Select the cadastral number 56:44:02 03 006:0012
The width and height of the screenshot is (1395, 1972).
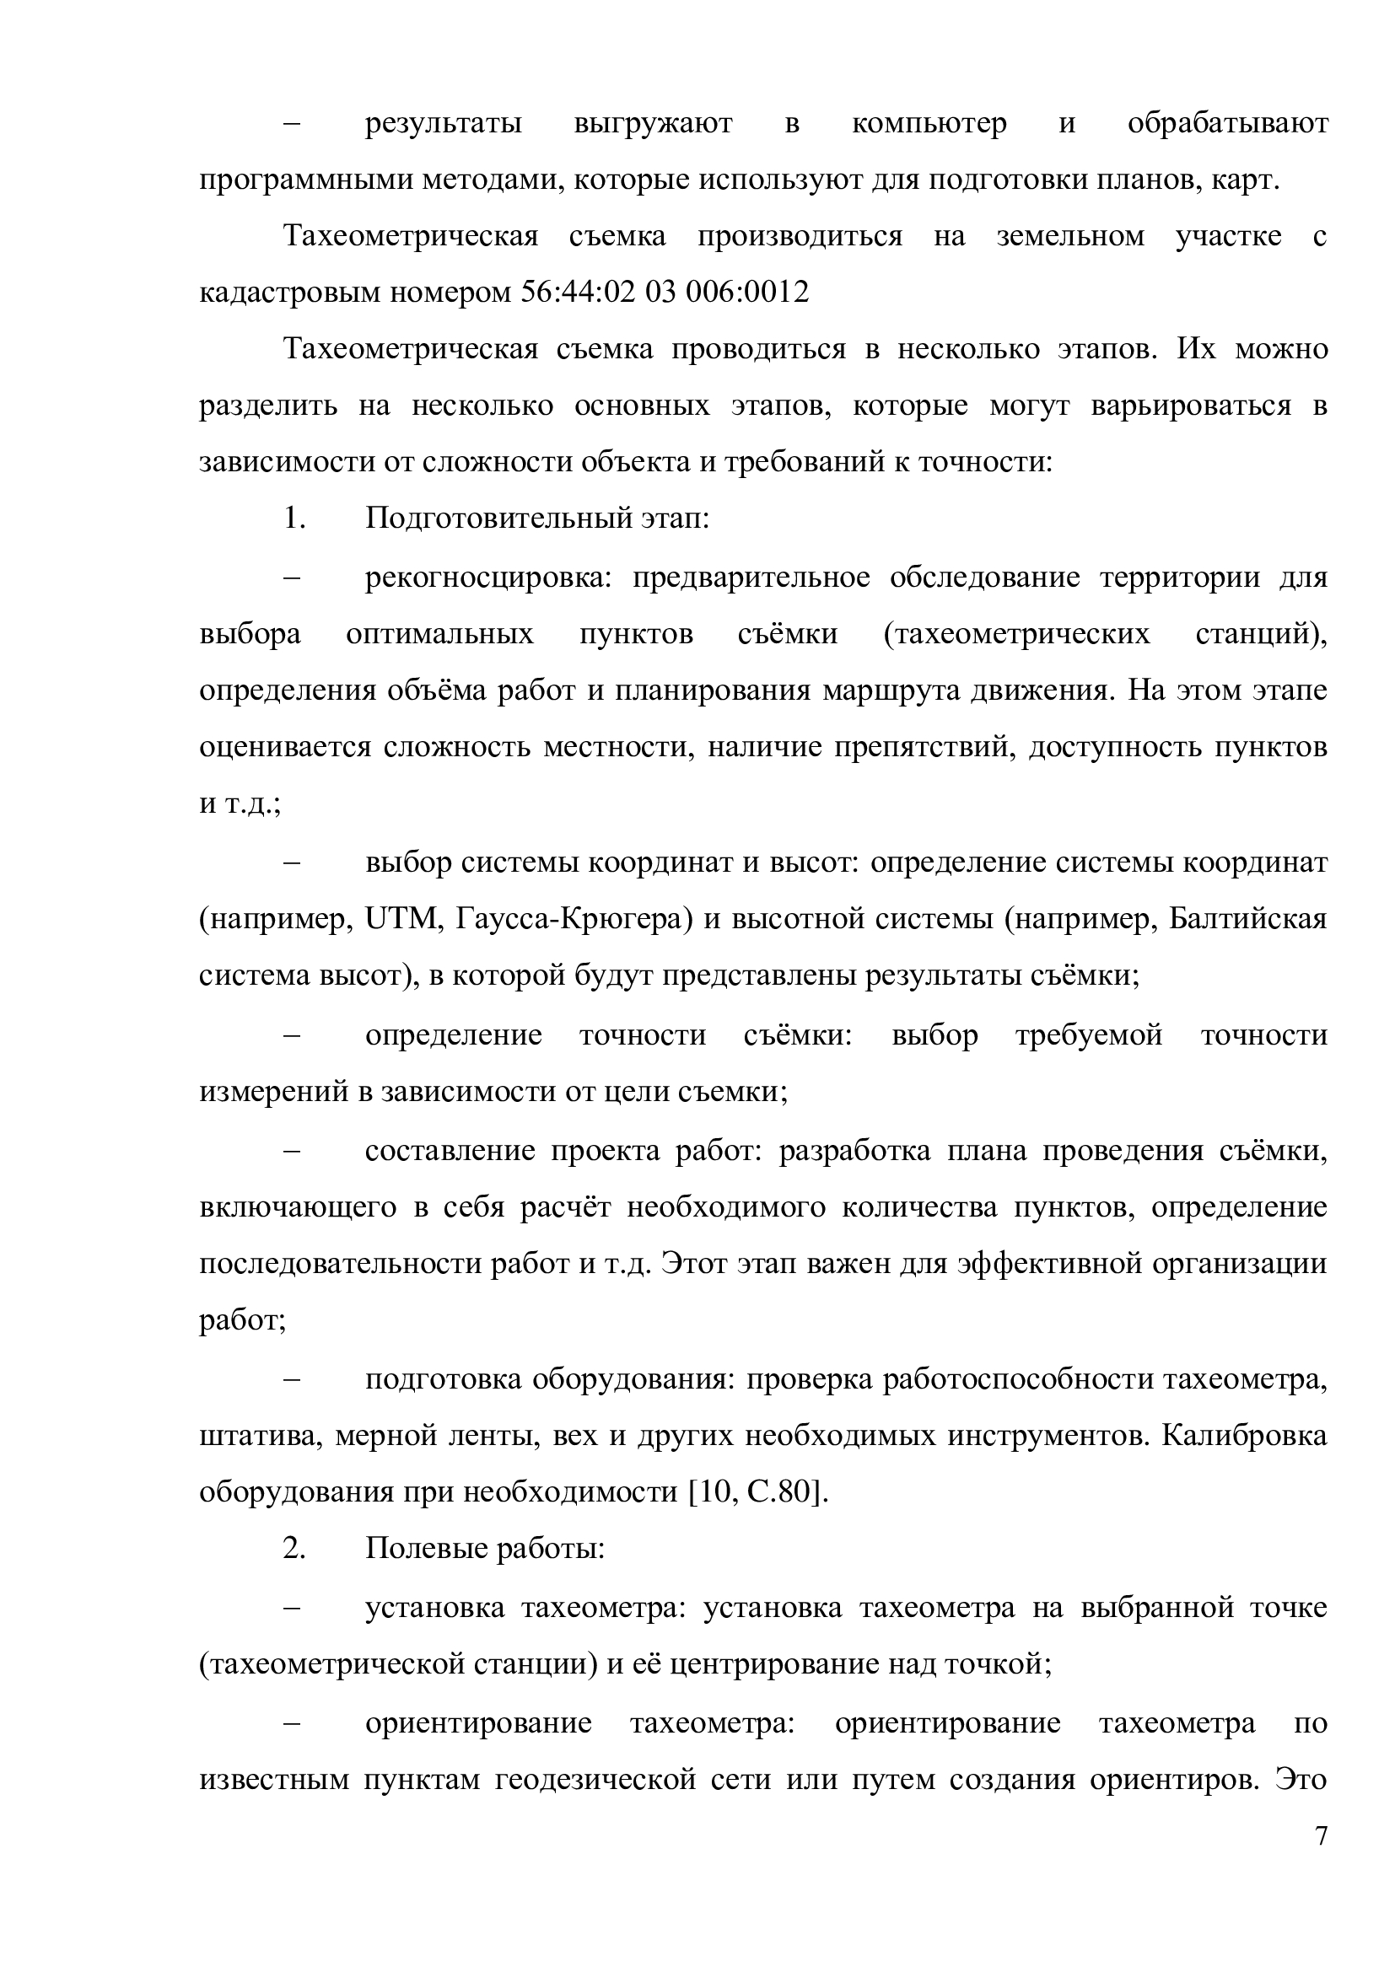tap(665, 293)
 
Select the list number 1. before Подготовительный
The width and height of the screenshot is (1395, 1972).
tap(294, 519)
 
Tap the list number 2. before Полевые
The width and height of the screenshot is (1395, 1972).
tap(294, 1550)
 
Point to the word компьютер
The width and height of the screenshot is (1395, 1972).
tap(929, 124)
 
